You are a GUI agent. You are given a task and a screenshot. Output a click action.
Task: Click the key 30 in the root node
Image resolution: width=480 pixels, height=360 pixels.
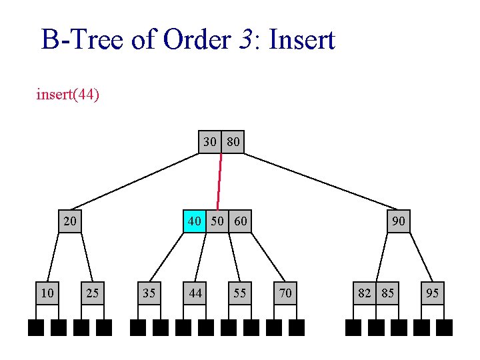click(x=210, y=142)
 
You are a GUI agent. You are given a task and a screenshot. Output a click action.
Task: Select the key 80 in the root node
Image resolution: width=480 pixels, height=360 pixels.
click(x=233, y=142)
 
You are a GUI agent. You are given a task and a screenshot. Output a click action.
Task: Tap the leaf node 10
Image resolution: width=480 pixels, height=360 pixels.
click(x=47, y=293)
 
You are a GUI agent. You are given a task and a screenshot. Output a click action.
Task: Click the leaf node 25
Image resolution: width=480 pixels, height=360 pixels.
click(x=93, y=293)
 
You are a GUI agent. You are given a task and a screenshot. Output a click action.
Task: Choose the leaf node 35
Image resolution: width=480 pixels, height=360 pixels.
click(x=149, y=293)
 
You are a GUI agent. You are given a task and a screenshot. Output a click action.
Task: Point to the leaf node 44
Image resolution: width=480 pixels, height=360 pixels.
click(x=195, y=293)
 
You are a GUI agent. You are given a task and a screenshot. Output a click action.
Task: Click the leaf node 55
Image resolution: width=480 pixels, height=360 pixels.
click(x=240, y=293)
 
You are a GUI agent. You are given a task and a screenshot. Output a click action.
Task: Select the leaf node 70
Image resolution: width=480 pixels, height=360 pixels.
click(x=285, y=293)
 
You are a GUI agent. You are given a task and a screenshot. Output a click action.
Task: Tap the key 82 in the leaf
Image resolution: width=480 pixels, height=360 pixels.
click(x=365, y=293)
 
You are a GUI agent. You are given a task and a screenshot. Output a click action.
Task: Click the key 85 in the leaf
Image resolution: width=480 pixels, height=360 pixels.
click(x=387, y=293)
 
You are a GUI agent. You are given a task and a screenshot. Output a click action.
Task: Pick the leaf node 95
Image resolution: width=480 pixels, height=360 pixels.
click(x=433, y=293)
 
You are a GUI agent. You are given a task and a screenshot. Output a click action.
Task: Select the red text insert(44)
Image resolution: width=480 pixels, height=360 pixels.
click(x=67, y=94)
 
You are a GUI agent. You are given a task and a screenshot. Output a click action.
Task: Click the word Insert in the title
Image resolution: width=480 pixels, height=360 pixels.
click(x=304, y=40)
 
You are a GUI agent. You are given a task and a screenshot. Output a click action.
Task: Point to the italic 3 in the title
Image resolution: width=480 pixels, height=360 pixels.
click(x=245, y=40)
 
